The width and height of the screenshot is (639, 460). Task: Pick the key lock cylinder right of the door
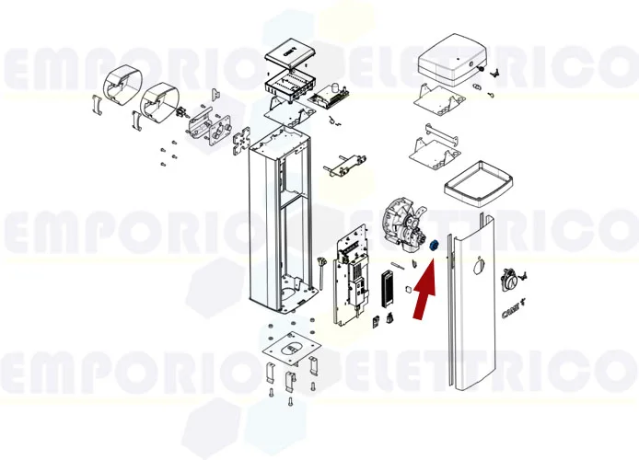509,280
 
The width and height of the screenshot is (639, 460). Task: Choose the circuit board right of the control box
330,96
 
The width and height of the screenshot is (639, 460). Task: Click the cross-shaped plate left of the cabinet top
243,140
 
